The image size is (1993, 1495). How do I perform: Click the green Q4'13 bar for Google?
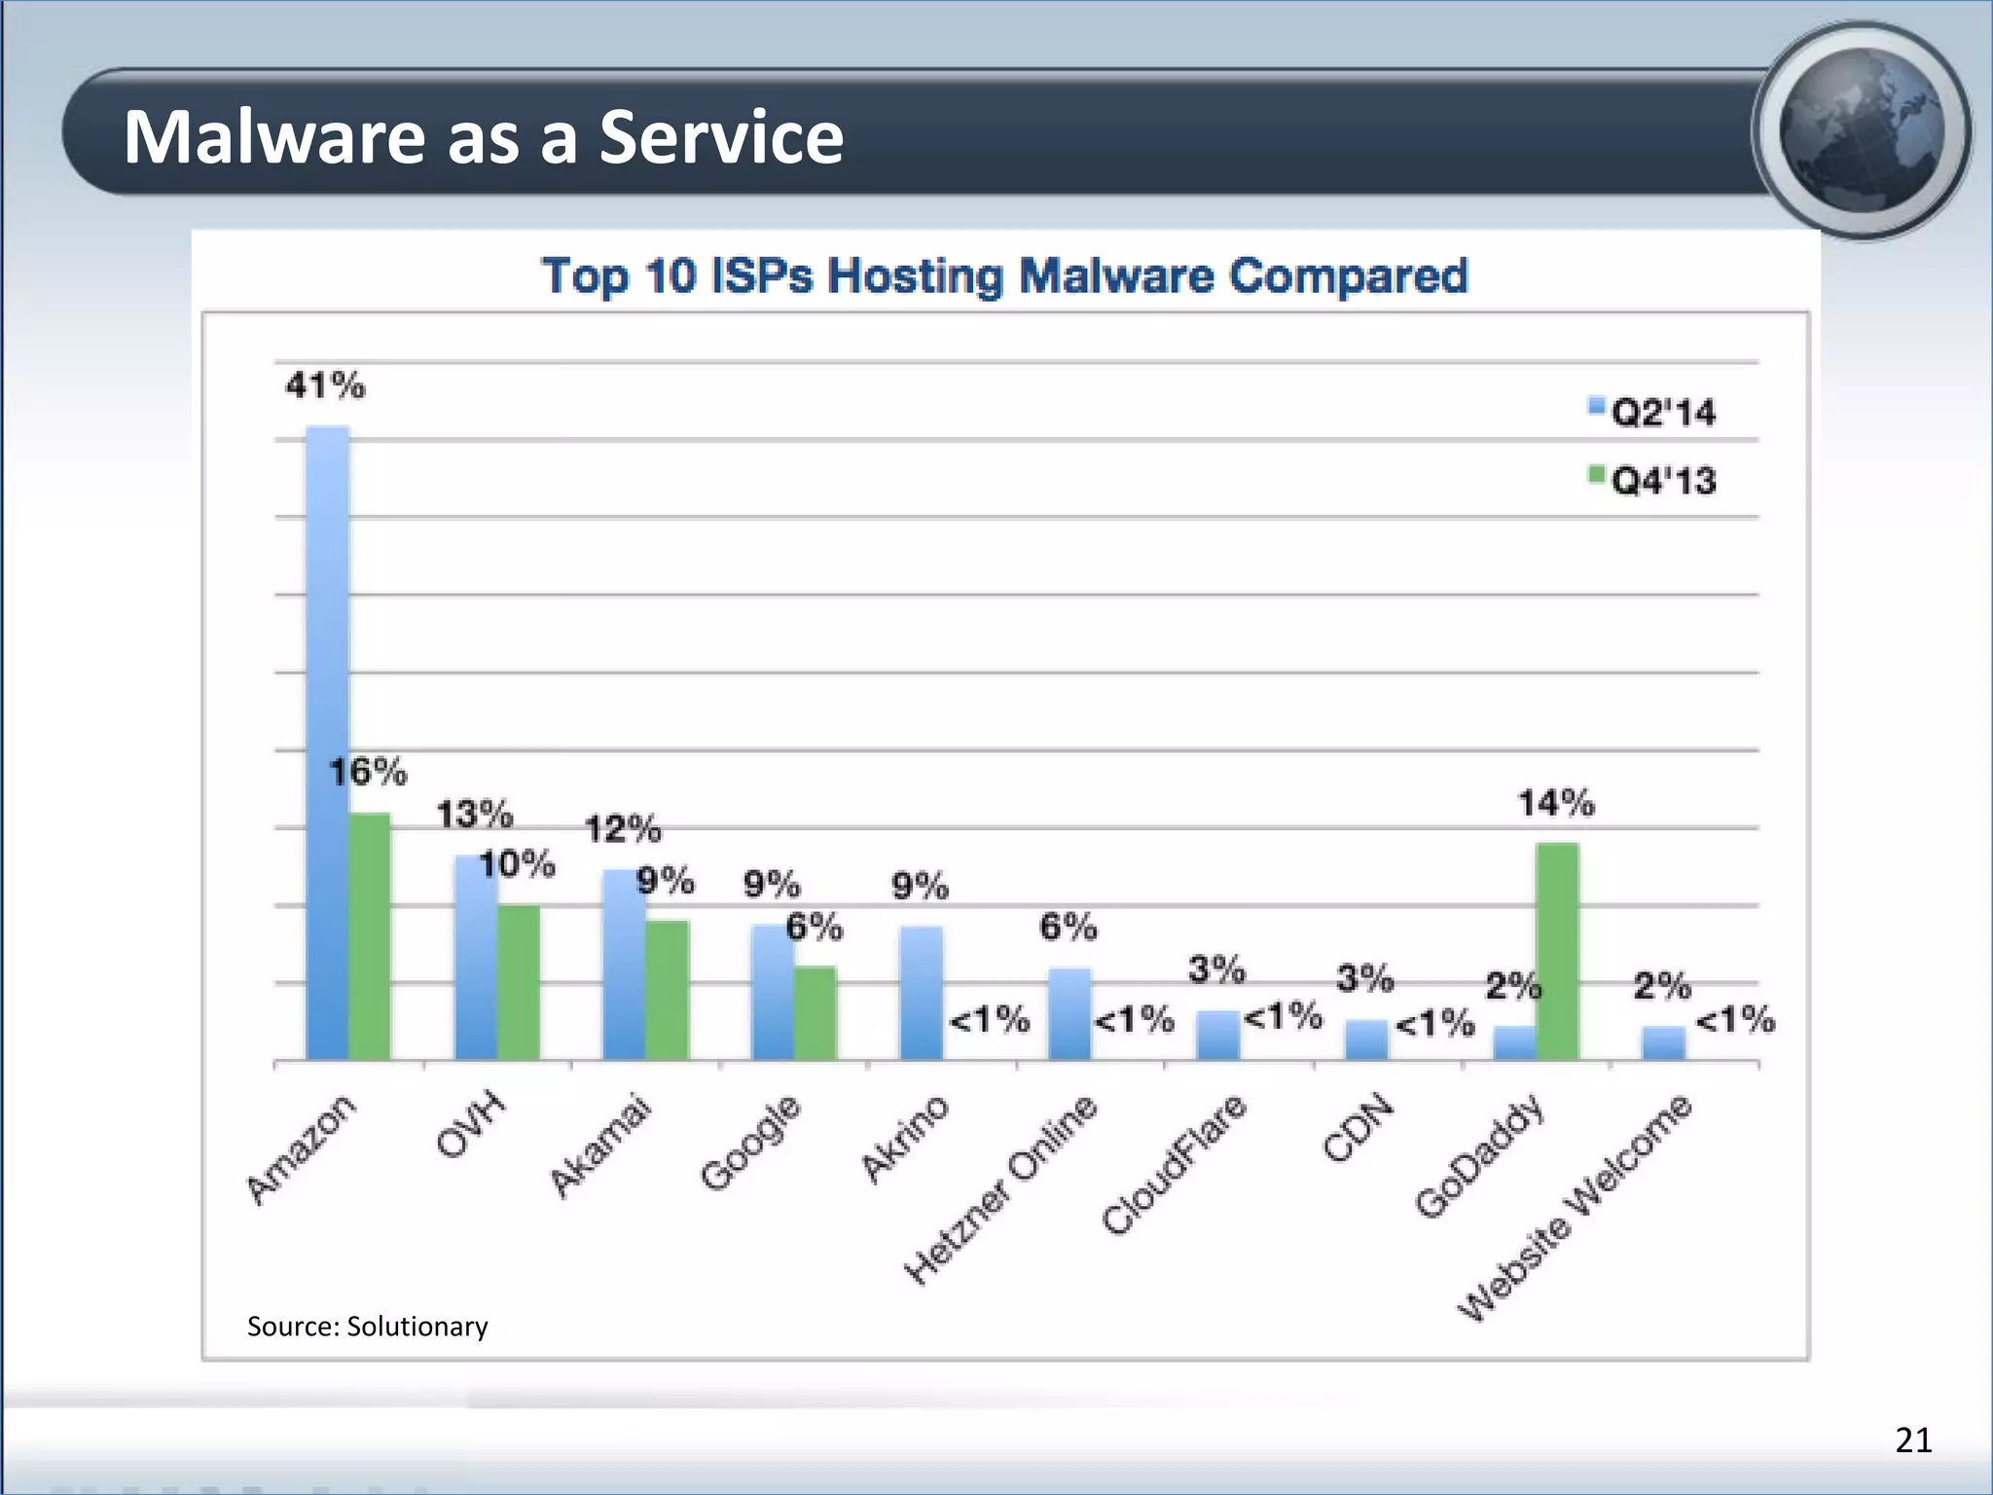[815, 1012]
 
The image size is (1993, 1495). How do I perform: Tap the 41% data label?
[325, 386]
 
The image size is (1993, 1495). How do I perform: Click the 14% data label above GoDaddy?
[1556, 804]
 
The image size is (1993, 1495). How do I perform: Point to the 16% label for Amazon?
[368, 773]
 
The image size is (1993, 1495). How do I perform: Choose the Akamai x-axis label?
[599, 1145]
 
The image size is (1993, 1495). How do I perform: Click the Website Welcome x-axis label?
[1576, 1207]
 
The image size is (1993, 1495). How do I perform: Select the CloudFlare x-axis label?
[1174, 1164]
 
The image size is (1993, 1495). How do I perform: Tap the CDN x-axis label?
[1359, 1129]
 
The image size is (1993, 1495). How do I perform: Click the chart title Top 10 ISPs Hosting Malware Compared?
[1004, 276]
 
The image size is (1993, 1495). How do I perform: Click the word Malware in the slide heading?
[274, 136]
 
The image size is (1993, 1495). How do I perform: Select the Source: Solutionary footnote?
[367, 1327]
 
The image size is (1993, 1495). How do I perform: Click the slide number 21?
[1913, 1440]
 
